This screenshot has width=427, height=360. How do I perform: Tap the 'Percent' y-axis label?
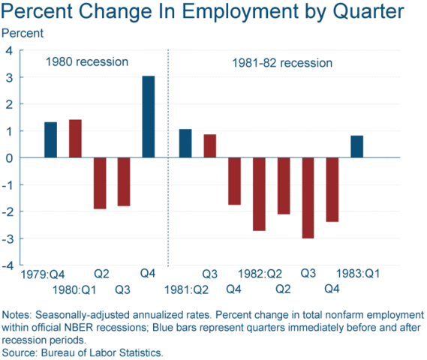pyautogui.click(x=23, y=33)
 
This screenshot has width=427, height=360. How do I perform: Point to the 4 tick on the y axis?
pyautogui.click(x=10, y=51)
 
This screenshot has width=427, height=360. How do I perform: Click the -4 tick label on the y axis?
pyautogui.click(x=8, y=265)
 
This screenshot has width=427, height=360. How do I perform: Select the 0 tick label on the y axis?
pyautogui.click(x=10, y=158)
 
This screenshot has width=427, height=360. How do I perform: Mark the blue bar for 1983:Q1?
pyautogui.click(x=356, y=147)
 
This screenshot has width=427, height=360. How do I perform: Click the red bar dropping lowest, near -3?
pyautogui.click(x=308, y=198)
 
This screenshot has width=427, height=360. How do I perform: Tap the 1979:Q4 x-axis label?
pyautogui.click(x=43, y=274)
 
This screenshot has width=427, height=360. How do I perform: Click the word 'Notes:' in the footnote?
pyautogui.click(x=18, y=314)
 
